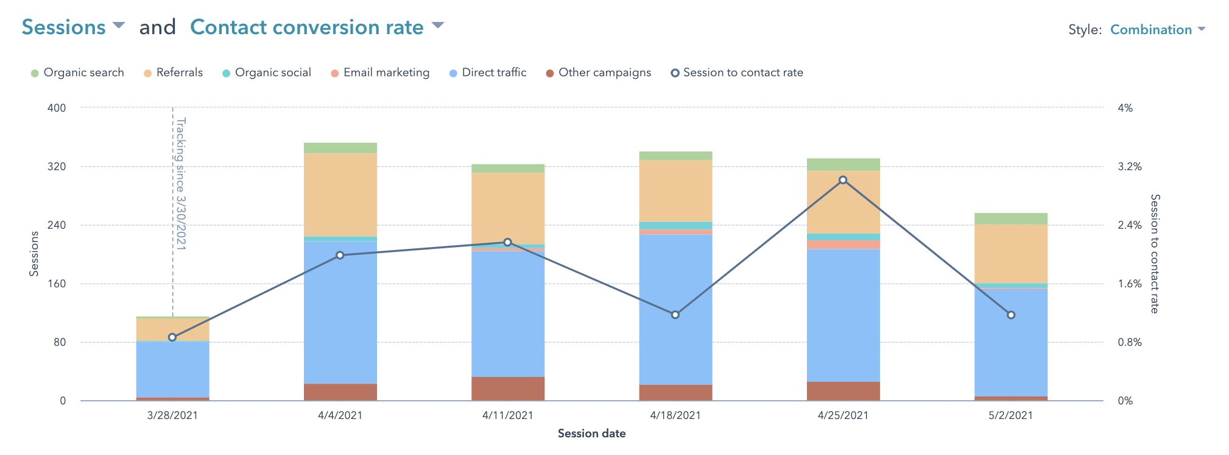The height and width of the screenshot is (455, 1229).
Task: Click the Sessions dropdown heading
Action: pos(72,27)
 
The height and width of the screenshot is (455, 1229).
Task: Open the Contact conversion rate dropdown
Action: pos(316,27)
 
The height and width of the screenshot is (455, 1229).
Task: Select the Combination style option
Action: pos(1157,29)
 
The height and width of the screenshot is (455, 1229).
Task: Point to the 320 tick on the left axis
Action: pos(57,167)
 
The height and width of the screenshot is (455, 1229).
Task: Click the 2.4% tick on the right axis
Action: pos(1130,225)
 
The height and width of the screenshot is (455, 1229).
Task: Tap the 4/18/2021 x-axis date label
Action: pos(675,415)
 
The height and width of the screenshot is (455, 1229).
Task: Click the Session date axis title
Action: pos(591,434)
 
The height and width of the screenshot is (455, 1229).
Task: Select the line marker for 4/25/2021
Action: pos(843,180)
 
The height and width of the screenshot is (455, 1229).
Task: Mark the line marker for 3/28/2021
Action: pos(172,337)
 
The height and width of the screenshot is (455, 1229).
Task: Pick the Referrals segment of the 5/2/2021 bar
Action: pos(1011,253)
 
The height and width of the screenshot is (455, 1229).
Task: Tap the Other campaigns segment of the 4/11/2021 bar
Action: pos(508,389)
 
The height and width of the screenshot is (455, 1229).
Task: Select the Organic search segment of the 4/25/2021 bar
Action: pos(843,164)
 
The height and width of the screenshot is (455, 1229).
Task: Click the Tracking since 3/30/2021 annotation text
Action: pos(181,183)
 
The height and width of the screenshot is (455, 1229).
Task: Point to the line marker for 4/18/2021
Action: pos(675,315)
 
